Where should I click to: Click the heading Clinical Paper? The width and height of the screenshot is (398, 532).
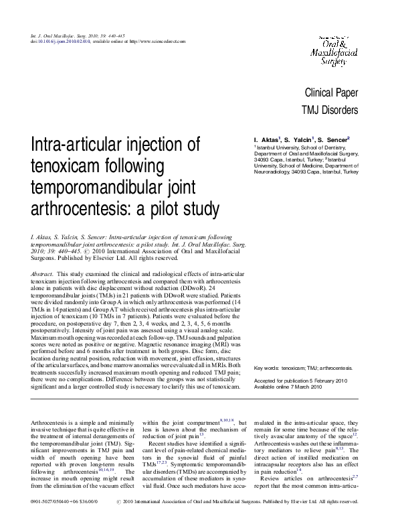331,92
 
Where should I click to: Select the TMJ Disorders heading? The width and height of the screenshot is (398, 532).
330,109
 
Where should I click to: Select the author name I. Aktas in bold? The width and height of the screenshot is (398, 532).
266,139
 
